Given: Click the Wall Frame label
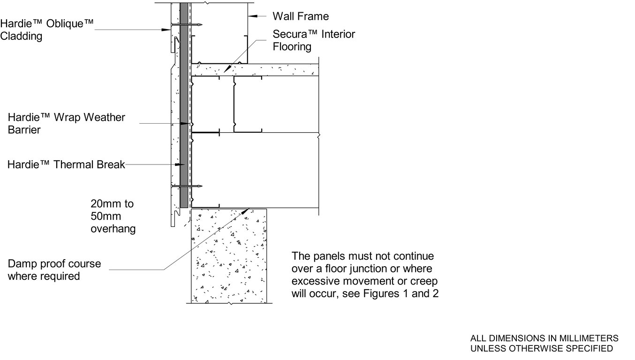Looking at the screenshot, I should coord(301,16).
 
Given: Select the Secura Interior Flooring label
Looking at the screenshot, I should coord(314,40).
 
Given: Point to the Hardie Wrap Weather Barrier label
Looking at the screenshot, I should coord(66,123).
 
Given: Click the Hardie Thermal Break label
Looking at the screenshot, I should coord(66,165).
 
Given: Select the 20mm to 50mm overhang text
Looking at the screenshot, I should coord(113,216).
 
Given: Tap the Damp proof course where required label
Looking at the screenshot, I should coord(54,270).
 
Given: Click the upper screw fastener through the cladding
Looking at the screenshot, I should coord(187,24).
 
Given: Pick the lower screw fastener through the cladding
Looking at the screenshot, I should coord(187,186).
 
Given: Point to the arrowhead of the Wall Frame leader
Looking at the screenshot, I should coord(250,16).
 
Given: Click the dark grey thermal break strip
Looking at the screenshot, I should coord(183,112).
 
